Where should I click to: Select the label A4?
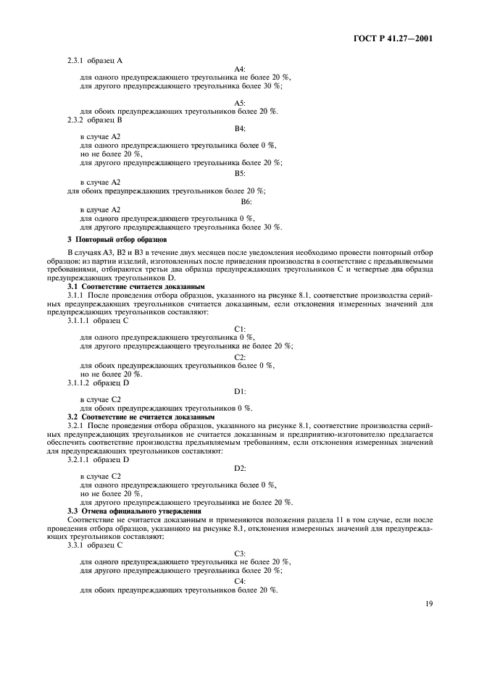tap(240, 68)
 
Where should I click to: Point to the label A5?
tap(240, 102)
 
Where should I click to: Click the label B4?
tap(240, 127)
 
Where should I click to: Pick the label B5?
tap(240, 173)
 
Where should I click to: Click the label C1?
tap(240, 328)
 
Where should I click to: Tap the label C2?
tap(240, 356)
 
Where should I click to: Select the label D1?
tap(240, 390)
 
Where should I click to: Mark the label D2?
tap(240, 469)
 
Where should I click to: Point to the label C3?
tap(240, 553)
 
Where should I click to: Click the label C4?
tap(240, 581)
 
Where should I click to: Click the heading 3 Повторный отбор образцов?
tap(117, 239)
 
